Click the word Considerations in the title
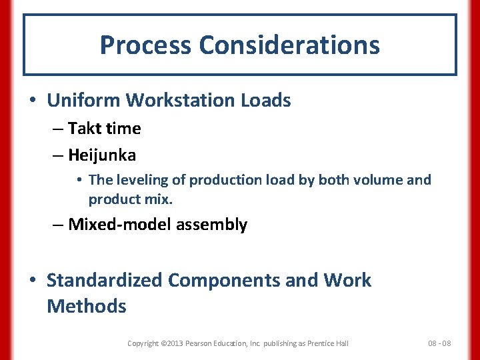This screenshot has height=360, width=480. [289, 45]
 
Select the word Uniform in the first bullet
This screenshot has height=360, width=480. [83, 101]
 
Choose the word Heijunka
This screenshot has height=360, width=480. [102, 155]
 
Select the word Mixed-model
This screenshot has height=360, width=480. [120, 225]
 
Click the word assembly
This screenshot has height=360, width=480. [211, 225]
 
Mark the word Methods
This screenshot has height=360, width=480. [86, 307]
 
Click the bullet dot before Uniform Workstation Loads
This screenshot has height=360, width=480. [33, 101]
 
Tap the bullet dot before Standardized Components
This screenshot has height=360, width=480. [33, 281]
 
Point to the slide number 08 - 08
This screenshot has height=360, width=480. [439, 343]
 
